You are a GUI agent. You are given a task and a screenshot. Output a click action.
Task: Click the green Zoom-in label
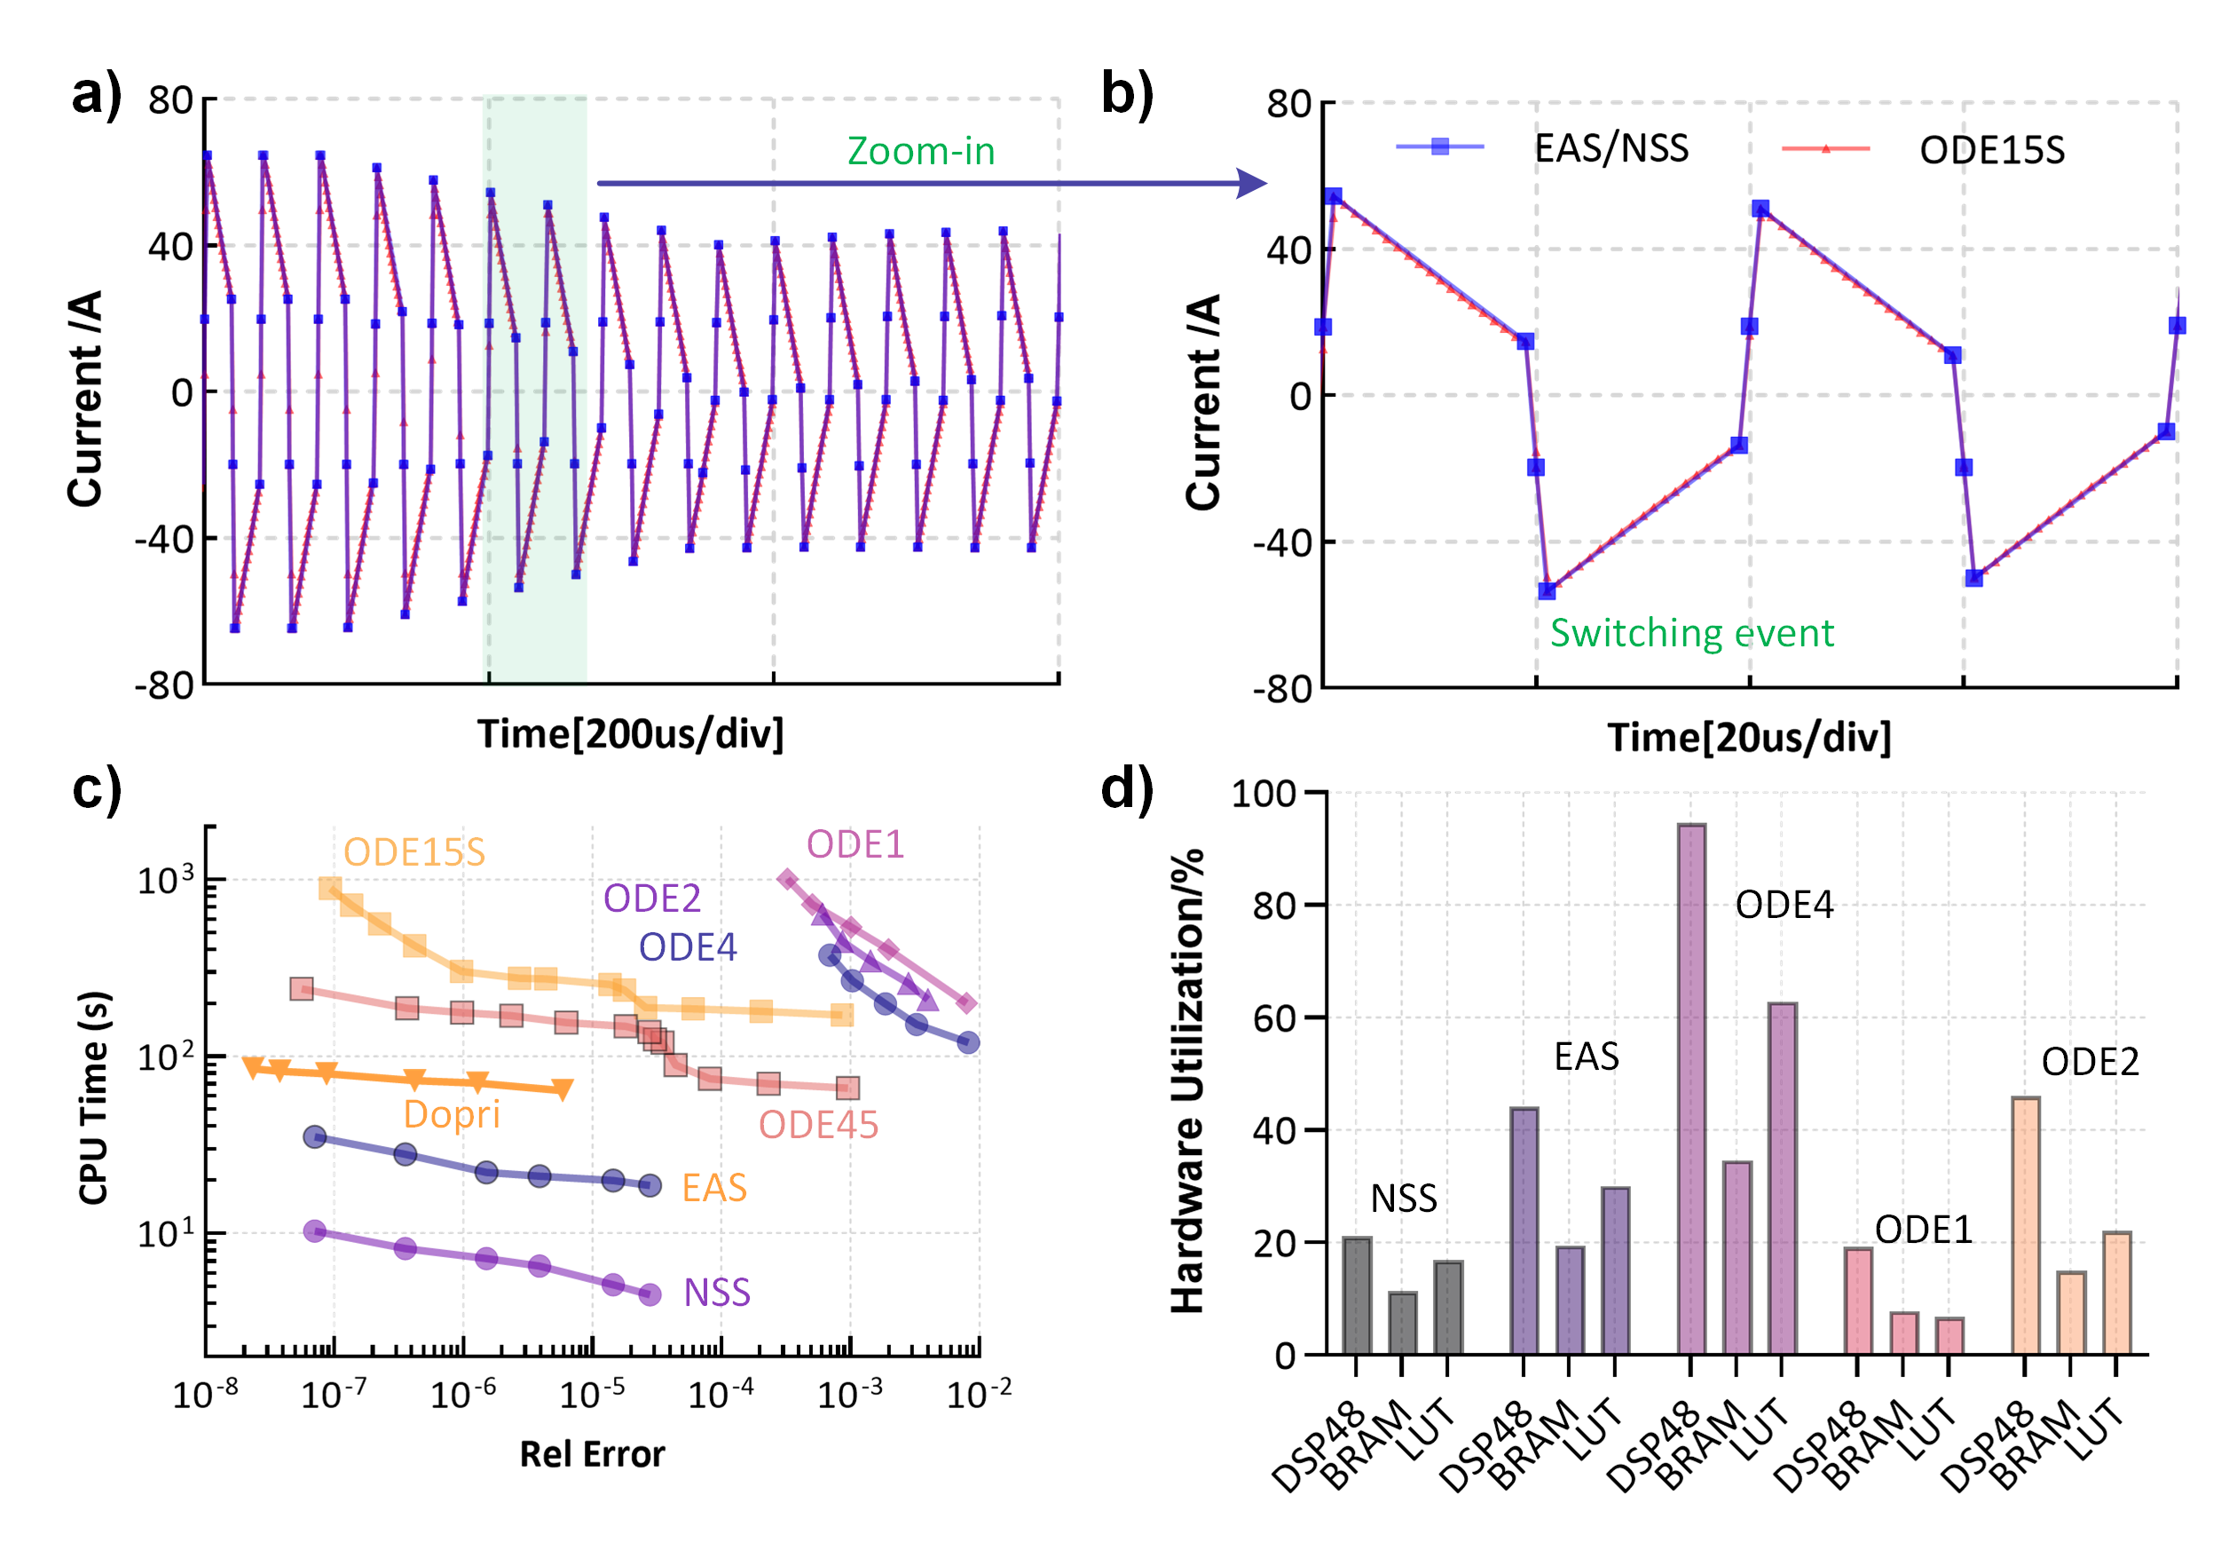(920, 151)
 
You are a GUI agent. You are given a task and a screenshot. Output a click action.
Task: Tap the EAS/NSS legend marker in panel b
(1439, 147)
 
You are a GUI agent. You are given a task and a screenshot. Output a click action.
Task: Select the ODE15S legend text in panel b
(1992, 150)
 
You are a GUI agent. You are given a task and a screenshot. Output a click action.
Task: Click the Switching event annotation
(1691, 633)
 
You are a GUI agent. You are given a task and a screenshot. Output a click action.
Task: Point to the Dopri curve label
(451, 1113)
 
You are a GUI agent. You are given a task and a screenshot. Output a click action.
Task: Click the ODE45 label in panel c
(817, 1124)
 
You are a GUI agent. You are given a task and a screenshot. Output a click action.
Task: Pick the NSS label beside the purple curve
(716, 1292)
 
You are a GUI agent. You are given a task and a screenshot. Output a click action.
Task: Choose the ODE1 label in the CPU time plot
(855, 843)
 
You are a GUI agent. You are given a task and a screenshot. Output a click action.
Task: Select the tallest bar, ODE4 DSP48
(1691, 1088)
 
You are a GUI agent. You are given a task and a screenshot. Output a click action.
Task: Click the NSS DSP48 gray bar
(1356, 1295)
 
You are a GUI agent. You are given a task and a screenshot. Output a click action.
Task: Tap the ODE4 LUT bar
(1782, 1178)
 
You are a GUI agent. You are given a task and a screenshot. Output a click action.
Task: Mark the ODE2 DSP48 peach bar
(2025, 1225)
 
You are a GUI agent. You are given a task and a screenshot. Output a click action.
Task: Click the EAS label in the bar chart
(1586, 1056)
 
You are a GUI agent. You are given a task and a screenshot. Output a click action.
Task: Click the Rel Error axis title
(592, 1453)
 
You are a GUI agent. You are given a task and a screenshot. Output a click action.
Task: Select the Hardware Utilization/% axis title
(1187, 1080)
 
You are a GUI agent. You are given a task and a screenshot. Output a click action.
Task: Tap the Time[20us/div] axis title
(1748, 737)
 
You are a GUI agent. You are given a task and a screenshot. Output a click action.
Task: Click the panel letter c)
(97, 788)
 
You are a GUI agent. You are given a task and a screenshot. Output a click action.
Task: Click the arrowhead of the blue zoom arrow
(1254, 183)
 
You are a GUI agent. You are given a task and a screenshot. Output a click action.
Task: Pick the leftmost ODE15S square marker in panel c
(330, 888)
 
